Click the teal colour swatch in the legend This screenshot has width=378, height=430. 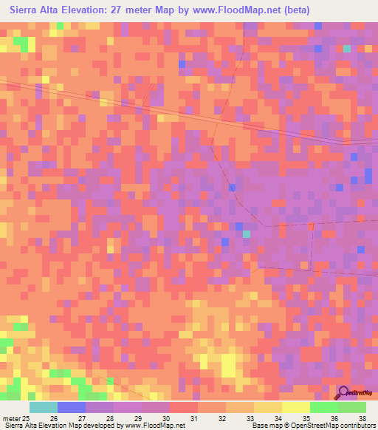pyautogui.click(x=44, y=407)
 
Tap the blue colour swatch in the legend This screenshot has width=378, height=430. pyautogui.click(x=72, y=407)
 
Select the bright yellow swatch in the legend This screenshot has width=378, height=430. pyautogui.click(x=296, y=407)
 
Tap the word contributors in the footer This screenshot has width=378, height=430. pyautogui.click(x=356, y=426)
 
